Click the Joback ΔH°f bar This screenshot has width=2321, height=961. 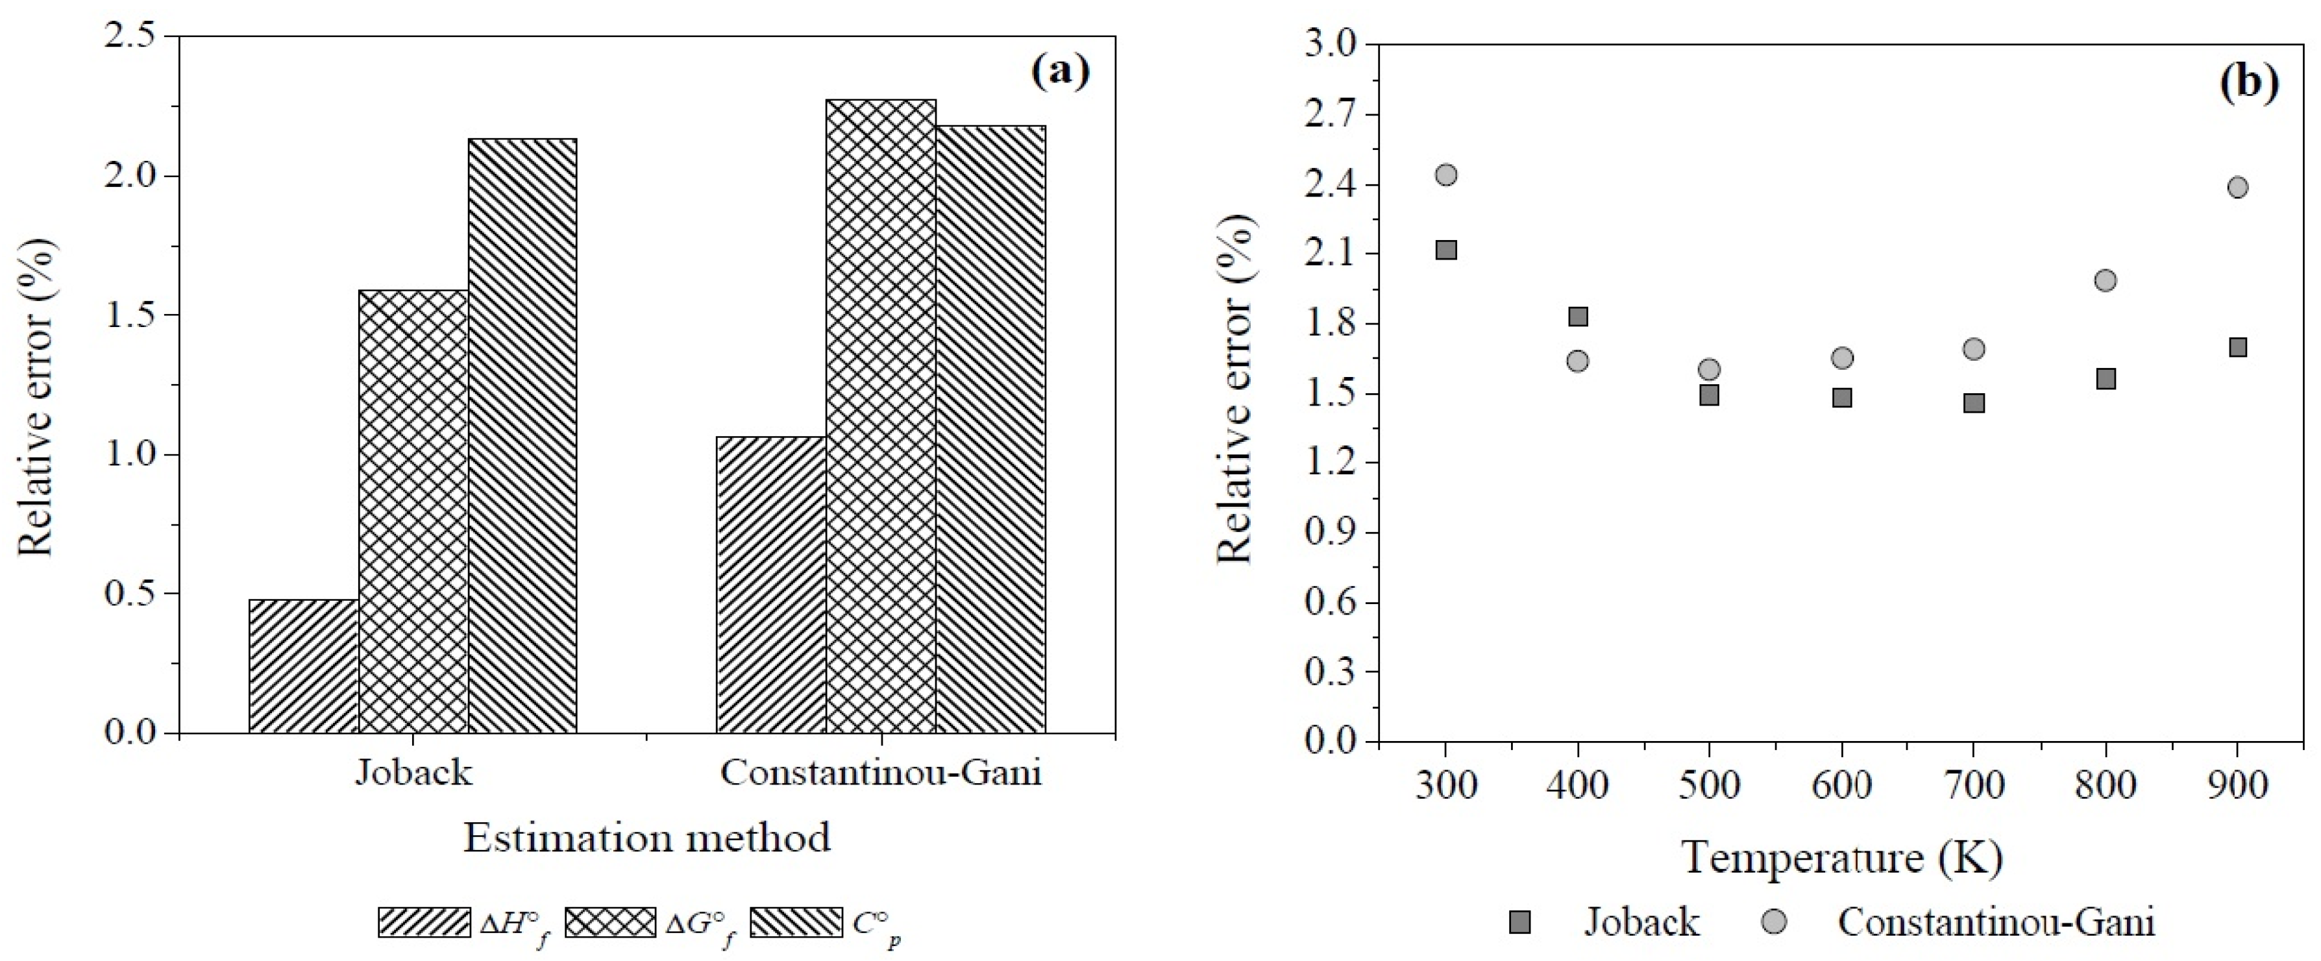tap(304, 666)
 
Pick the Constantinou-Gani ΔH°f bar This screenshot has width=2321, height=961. tap(771, 585)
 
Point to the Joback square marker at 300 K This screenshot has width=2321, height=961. tap(1446, 249)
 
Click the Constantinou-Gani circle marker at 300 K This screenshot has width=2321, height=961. tap(1446, 175)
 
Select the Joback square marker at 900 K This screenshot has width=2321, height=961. tap(2237, 347)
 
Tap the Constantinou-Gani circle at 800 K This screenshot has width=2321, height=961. tap(2106, 280)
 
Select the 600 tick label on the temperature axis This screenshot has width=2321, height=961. tap(1841, 785)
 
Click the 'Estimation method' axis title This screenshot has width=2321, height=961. tap(647, 838)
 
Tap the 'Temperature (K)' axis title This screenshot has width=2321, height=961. tap(1841, 857)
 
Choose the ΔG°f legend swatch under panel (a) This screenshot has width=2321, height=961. tap(610, 922)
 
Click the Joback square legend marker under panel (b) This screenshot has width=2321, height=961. tap(1520, 922)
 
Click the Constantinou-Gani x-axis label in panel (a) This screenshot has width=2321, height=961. tap(880, 773)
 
